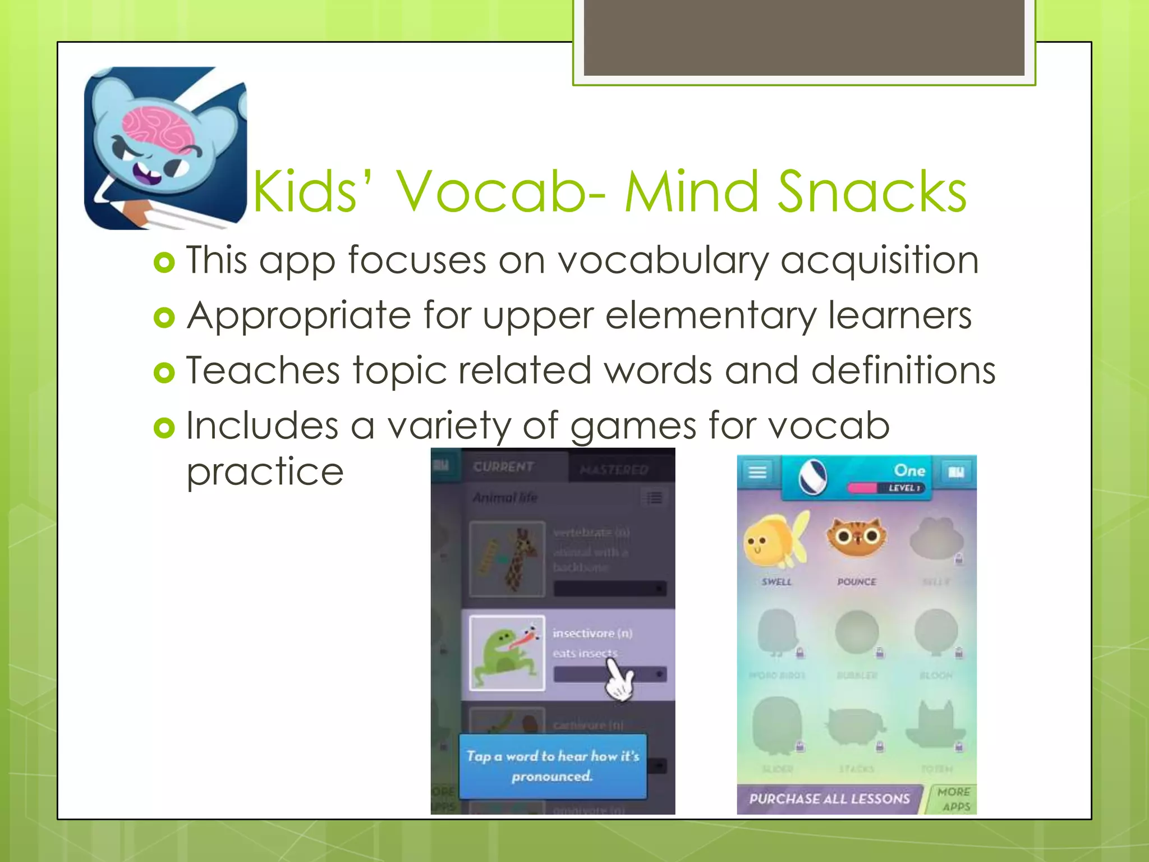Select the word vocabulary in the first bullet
[662, 261]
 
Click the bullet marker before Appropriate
[164, 318]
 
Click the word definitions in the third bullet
[903, 370]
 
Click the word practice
[265, 471]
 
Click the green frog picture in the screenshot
[506, 653]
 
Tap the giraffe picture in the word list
[507, 559]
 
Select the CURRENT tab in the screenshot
[503, 467]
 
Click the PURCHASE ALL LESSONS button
[829, 799]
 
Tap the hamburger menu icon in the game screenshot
[757, 472]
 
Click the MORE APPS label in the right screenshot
[954, 799]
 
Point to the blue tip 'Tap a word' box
[553, 766]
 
